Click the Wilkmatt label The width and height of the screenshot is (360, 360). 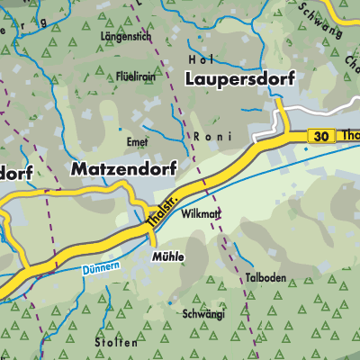[x=201, y=215]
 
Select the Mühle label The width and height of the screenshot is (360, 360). [x=168, y=256]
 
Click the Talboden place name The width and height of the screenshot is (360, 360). [x=265, y=279]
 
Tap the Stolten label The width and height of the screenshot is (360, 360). [x=120, y=343]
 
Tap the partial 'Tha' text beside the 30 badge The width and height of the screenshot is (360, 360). [x=349, y=136]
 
